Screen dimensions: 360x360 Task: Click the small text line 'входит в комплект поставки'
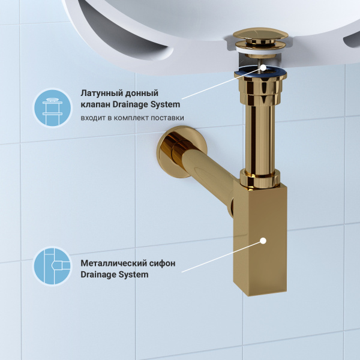coord(132,118)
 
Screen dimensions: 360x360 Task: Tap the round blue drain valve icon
coord(52,107)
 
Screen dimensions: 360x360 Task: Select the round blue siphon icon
coord(52,265)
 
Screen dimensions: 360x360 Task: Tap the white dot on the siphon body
coord(262,242)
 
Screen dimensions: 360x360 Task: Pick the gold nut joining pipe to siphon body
coord(260,178)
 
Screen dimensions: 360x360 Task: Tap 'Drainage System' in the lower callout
coord(114,275)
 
